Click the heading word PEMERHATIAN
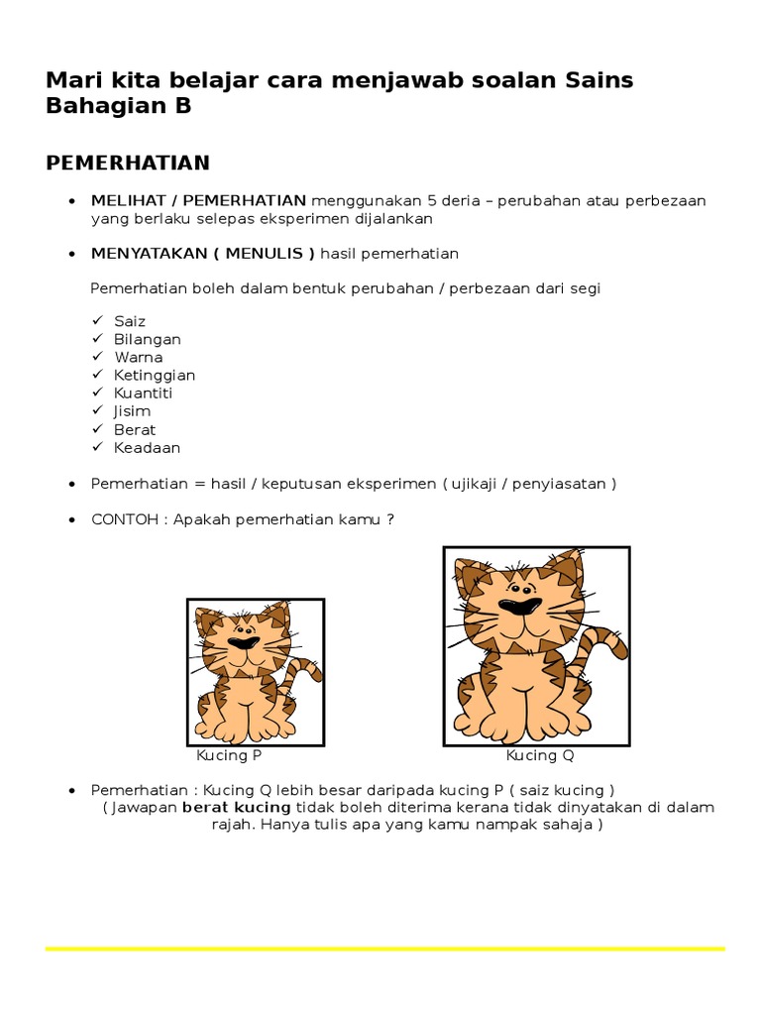(128, 162)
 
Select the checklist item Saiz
(130, 321)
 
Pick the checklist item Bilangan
(148, 339)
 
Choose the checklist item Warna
(139, 357)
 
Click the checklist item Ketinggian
(155, 375)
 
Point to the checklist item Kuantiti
(144, 393)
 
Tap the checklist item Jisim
(134, 410)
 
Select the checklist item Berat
(135, 429)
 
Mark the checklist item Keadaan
(148, 447)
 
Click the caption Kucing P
(229, 755)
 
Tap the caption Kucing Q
(540, 755)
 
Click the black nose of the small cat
(243, 642)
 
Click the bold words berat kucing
(236, 808)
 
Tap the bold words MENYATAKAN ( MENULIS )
(202, 253)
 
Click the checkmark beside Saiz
(98, 321)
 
